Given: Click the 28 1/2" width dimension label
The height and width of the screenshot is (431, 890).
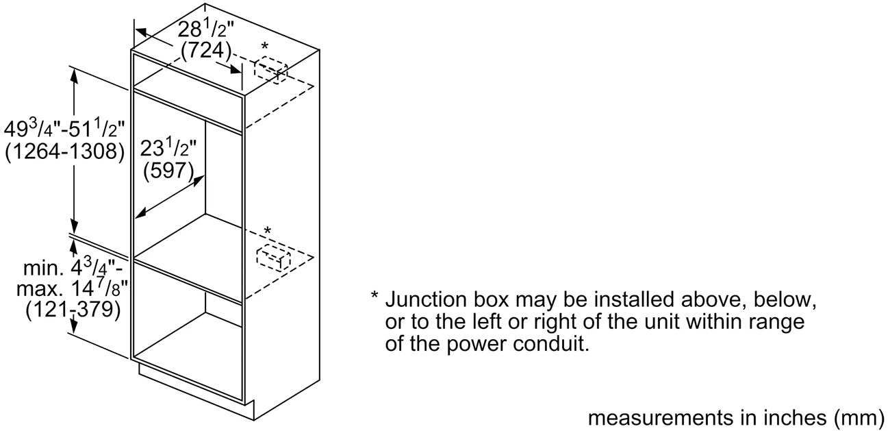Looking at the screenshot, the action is [206, 30].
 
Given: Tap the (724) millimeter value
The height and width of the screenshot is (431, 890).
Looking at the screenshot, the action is [206, 51].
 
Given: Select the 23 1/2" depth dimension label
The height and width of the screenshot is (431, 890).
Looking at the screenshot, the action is [168, 149].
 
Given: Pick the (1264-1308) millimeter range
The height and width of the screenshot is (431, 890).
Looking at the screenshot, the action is [65, 152].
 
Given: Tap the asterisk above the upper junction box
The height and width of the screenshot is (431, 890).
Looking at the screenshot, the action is [265, 47].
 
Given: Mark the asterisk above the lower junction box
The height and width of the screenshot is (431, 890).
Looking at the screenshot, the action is [268, 230].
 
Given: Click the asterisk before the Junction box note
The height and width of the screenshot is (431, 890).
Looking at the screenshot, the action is [374, 296].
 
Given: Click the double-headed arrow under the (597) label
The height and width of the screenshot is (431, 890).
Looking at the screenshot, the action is [170, 197].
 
